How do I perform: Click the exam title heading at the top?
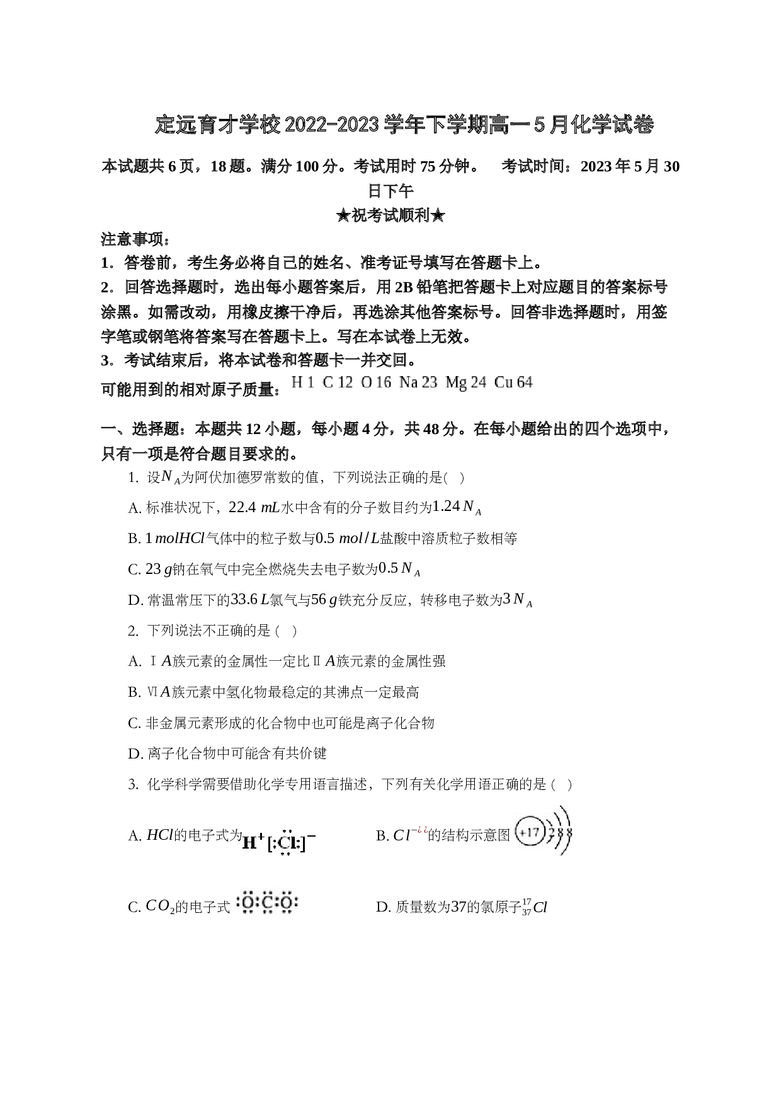tap(404, 125)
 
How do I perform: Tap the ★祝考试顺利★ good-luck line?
tap(390, 215)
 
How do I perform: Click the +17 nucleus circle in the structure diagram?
tap(530, 833)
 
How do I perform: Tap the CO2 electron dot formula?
tap(268, 903)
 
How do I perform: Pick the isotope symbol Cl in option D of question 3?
tap(535, 908)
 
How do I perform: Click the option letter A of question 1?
tap(134, 508)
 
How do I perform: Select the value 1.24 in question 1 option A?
tap(447, 506)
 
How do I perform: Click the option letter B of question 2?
tap(134, 693)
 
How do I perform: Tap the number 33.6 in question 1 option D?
tap(244, 599)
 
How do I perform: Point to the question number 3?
tap(133, 785)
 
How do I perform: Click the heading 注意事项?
tap(135, 239)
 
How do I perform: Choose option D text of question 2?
tap(227, 754)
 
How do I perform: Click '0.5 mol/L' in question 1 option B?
tap(347, 539)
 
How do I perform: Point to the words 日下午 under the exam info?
tap(390, 191)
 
